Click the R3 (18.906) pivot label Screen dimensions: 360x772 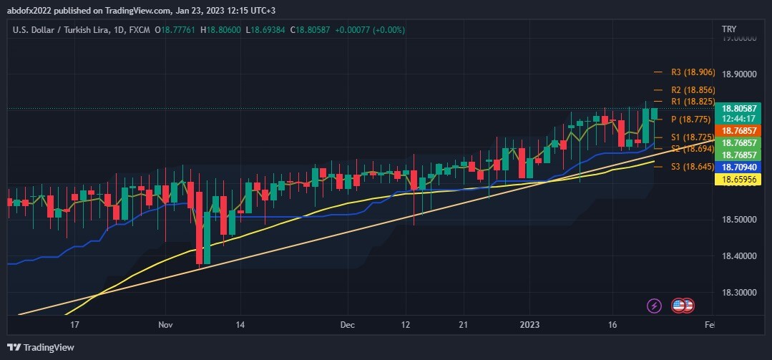pos(693,72)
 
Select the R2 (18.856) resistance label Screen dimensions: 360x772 pos(693,90)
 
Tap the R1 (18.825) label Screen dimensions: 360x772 pos(693,102)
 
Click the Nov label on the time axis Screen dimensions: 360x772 pos(165,324)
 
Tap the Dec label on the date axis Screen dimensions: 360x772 pos(348,324)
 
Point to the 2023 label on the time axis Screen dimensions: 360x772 pos(529,324)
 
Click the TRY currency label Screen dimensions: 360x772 pos(729,29)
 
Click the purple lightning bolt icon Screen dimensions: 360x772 pos(654,306)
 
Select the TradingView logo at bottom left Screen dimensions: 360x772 pos(41,348)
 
